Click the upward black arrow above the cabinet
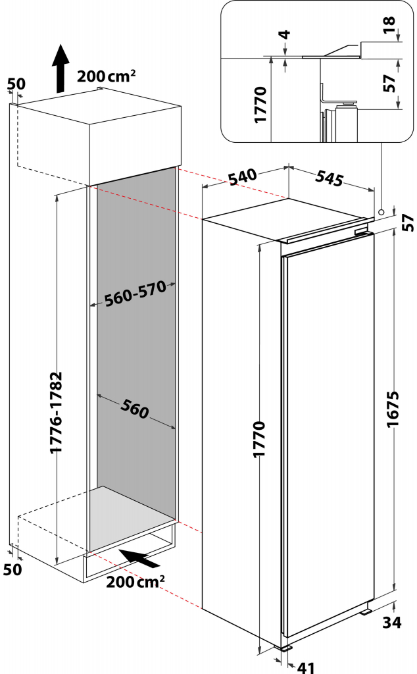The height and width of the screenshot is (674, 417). [61, 68]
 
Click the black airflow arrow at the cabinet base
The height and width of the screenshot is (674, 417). [139, 558]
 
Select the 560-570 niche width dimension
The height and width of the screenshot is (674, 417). [135, 294]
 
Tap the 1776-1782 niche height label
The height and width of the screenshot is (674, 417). [56, 412]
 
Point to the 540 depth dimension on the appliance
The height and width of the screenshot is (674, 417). [243, 176]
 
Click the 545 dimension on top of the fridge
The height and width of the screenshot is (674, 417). [330, 178]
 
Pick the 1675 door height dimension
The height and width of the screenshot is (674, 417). [393, 409]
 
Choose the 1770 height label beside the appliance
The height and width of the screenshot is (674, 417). [259, 439]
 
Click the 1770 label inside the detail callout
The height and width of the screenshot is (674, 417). [260, 105]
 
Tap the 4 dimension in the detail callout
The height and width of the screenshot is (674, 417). [285, 34]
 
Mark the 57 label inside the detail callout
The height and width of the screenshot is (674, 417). [389, 84]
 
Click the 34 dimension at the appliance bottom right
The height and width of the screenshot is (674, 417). [392, 622]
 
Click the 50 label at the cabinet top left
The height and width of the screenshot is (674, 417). [16, 84]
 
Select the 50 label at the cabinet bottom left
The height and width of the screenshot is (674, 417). [12, 569]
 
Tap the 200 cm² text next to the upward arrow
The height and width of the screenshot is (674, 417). [107, 76]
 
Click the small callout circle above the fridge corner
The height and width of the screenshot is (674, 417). [381, 212]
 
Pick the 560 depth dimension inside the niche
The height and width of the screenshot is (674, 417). [135, 408]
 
